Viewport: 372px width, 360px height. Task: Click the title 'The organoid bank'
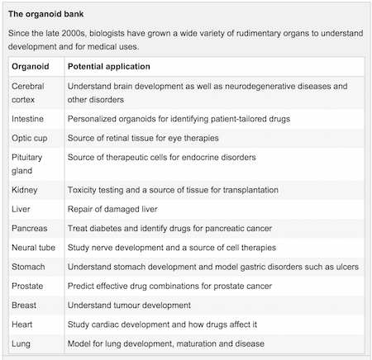[45, 14]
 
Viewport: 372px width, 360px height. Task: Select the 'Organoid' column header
[31, 67]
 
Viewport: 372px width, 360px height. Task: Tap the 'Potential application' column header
[109, 67]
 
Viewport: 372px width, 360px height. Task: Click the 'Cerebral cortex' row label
[28, 92]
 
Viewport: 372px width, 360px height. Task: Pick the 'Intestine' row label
[27, 119]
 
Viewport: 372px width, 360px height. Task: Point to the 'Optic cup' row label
[30, 138]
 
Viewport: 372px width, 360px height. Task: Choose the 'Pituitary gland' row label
[27, 164]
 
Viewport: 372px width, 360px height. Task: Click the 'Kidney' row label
[25, 190]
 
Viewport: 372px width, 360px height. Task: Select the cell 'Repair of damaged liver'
[112, 209]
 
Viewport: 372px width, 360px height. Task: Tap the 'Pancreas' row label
[30, 229]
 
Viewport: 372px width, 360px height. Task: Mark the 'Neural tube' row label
[33, 248]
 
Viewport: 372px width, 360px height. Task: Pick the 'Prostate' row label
[27, 287]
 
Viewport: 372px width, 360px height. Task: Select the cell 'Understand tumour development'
[129, 306]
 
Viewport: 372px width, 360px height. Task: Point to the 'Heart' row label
[22, 324]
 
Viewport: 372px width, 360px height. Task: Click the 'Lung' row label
[21, 344]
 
